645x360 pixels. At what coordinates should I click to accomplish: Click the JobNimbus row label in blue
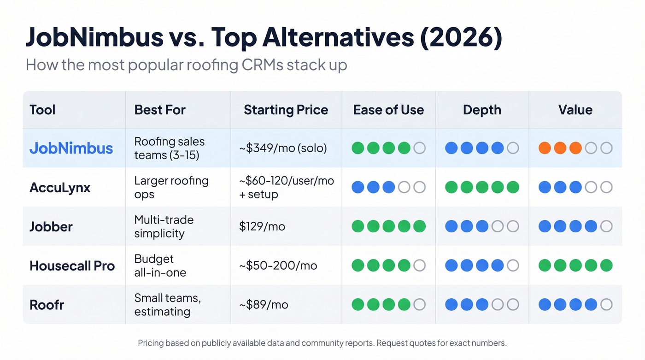point(71,148)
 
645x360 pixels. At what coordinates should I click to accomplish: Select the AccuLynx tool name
point(60,187)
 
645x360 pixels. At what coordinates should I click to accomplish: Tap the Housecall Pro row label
point(72,266)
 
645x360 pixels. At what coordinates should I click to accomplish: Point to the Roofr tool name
point(47,305)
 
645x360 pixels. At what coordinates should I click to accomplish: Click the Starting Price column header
point(286,110)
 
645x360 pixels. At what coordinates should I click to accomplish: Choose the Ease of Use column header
point(388,110)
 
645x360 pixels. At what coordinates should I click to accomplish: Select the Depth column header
point(482,110)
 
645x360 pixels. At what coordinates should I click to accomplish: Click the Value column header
point(575,110)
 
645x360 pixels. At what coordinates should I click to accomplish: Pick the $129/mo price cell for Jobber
point(262,226)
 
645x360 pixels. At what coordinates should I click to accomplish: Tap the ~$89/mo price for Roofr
point(264,305)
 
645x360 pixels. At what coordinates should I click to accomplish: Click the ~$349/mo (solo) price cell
point(282,148)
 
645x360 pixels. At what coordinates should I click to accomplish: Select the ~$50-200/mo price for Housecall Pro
point(278,266)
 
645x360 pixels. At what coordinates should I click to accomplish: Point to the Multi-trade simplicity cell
point(164,226)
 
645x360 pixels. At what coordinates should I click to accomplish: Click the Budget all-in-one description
point(160,266)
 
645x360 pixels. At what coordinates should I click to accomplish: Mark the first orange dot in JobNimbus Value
point(545,148)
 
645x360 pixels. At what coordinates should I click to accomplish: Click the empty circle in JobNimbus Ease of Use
point(419,148)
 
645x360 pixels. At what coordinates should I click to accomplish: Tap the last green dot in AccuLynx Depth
point(513,187)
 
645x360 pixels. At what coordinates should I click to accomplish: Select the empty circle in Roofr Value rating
point(606,305)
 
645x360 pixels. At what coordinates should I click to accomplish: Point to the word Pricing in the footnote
point(151,343)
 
